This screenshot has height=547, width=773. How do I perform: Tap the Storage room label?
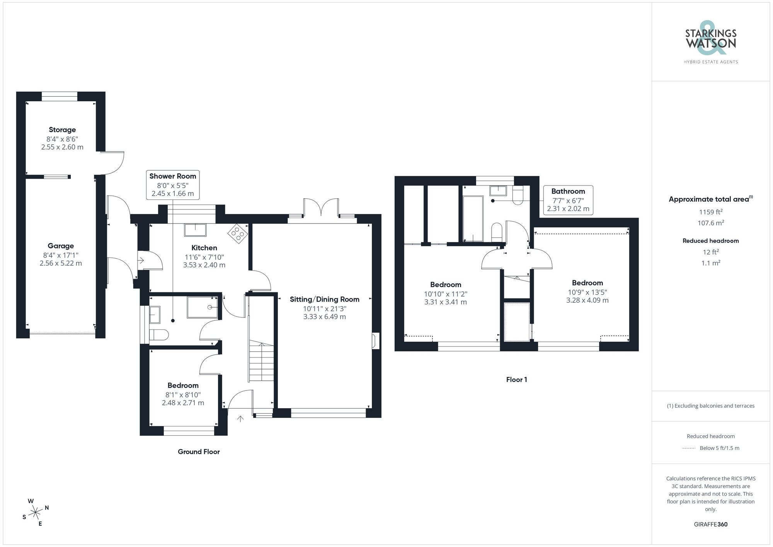[62, 130]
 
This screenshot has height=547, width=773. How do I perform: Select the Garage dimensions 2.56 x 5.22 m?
[61, 263]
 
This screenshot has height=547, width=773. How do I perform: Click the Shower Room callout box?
[173, 185]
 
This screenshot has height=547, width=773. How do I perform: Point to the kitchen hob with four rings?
[238, 233]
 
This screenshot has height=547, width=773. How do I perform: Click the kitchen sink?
[195, 230]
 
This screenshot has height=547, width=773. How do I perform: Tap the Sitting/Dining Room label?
[324, 299]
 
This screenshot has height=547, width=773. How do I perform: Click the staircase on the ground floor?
[261, 361]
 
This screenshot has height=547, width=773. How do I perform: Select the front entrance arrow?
[240, 419]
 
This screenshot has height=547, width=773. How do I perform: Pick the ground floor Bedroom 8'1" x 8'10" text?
[183, 395]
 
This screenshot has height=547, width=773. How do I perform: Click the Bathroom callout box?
[568, 200]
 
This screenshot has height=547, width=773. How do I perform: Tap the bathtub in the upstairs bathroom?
[473, 218]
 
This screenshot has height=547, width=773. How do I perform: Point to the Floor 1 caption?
[516, 380]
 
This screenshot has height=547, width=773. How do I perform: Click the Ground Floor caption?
[199, 452]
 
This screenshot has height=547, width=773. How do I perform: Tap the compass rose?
[36, 513]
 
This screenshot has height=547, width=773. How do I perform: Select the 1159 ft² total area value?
[710, 212]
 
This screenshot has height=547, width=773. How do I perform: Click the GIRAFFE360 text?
[710, 524]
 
